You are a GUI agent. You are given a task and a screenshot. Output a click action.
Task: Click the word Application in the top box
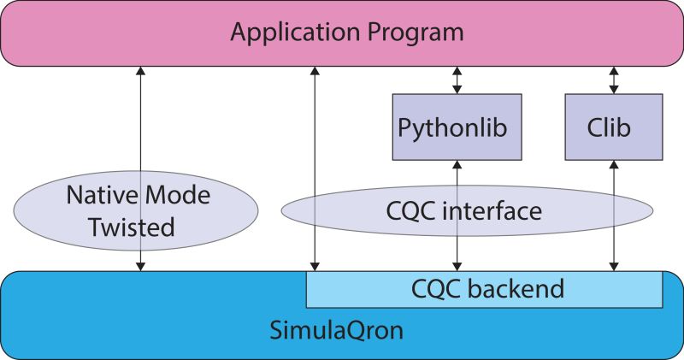pyautogui.click(x=287, y=34)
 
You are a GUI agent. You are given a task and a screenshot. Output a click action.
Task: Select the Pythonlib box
pyautogui.click(x=452, y=127)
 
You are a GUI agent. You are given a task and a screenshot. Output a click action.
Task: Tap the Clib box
pyautogui.click(x=613, y=127)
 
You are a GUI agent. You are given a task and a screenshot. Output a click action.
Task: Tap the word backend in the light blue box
pyautogui.click(x=516, y=288)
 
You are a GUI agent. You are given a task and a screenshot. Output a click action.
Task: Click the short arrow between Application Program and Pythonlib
pyautogui.click(x=457, y=80)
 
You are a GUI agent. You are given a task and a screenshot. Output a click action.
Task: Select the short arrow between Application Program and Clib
pyautogui.click(x=613, y=80)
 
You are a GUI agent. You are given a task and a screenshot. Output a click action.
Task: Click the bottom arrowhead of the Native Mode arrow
pyautogui.click(x=140, y=267)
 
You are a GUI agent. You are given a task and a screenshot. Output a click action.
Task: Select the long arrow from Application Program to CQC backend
pyautogui.click(x=315, y=171)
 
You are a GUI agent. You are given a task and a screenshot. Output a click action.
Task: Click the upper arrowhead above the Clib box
pyautogui.click(x=613, y=72)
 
